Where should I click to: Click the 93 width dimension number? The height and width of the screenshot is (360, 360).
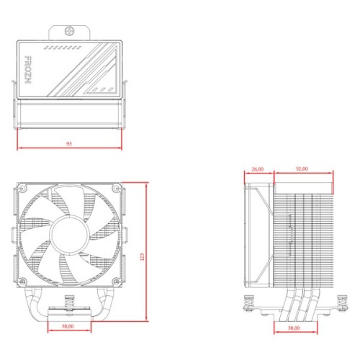point(68,144)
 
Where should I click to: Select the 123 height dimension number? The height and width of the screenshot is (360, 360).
point(142,256)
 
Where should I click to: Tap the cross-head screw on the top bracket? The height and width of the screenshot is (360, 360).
point(71,32)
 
